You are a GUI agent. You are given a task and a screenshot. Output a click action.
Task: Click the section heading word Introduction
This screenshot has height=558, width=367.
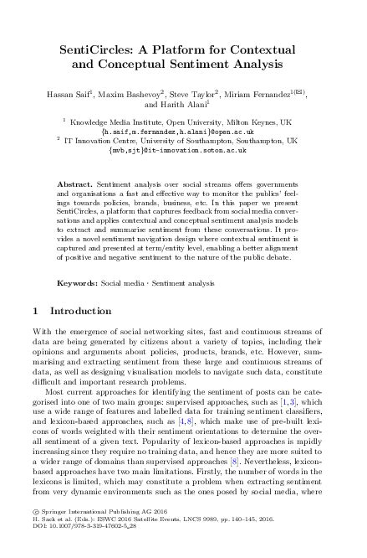[x=83, y=311]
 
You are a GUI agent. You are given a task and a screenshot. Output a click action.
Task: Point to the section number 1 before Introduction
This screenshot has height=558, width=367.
[x=35, y=311]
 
